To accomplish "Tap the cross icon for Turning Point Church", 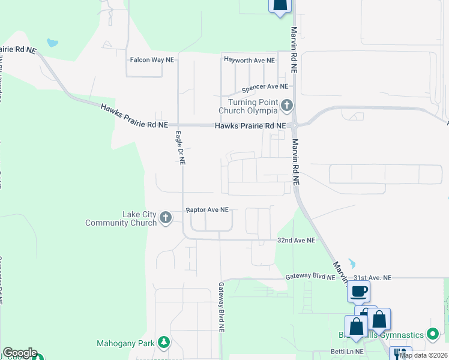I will [287, 106].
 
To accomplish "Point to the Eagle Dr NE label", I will [180, 148].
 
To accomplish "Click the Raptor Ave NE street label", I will [207, 210].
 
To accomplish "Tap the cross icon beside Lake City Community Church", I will [166, 219].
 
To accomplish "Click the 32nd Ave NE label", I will [296, 240].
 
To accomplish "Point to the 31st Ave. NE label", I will [372, 278].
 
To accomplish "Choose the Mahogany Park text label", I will [125, 344].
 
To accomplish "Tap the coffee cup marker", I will [359, 292].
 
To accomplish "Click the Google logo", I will [20, 353].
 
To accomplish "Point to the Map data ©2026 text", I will [424, 355].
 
